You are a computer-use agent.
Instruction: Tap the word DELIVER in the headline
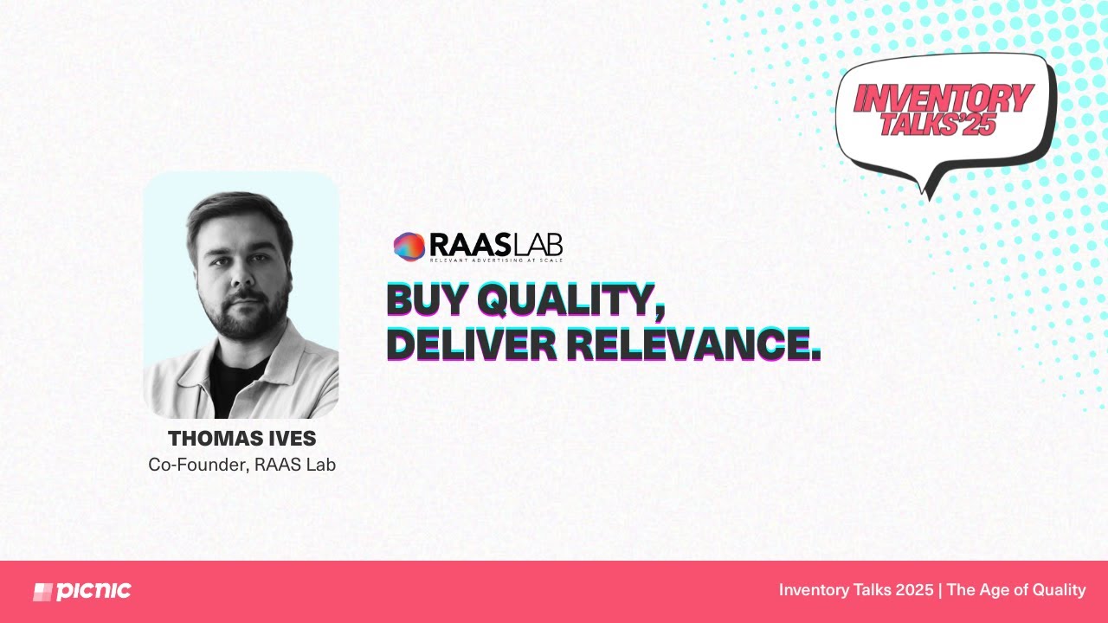pyautogui.click(x=472, y=344)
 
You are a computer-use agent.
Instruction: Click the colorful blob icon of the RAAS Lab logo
pyautogui.click(x=409, y=247)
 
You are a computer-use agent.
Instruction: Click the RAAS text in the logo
pyautogui.click(x=469, y=245)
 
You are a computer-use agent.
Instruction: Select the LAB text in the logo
pyautogui.click(x=537, y=245)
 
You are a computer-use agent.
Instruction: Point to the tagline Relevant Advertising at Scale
pyautogui.click(x=496, y=260)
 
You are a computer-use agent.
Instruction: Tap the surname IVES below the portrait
pyautogui.click(x=293, y=439)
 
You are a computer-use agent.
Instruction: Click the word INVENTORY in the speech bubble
pyautogui.click(x=944, y=98)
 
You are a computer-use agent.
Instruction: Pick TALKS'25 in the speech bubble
pyautogui.click(x=938, y=123)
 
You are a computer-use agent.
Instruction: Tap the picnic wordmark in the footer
pyautogui.click(x=93, y=591)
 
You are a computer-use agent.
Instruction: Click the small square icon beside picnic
pyautogui.click(x=42, y=592)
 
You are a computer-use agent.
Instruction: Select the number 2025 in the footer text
pyautogui.click(x=914, y=590)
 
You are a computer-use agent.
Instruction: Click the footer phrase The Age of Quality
pyautogui.click(x=1016, y=590)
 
